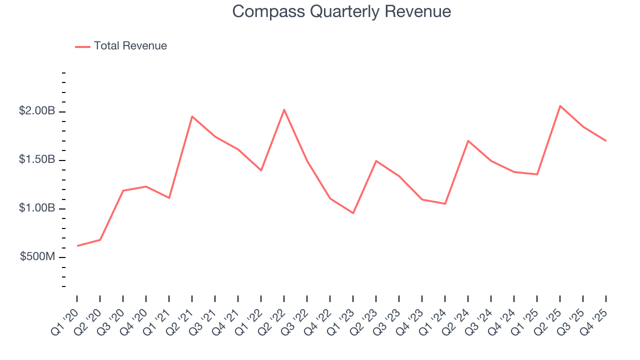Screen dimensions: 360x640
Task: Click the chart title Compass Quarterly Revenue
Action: coord(341,12)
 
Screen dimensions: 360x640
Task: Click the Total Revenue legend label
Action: coord(130,46)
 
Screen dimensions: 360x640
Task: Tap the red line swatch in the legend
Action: coord(82,46)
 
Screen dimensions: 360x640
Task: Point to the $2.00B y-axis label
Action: coord(37,111)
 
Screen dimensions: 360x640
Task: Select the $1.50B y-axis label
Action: coord(37,159)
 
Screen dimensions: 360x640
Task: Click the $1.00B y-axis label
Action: coord(37,208)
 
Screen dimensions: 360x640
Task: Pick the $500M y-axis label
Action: coord(38,256)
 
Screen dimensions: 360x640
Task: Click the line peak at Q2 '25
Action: coord(560,106)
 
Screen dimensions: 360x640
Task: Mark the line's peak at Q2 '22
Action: coord(284,109)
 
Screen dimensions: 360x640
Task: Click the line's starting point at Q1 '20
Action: coord(77,245)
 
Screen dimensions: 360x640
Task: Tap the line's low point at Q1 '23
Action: coord(353,213)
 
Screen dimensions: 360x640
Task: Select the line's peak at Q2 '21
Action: coord(192,116)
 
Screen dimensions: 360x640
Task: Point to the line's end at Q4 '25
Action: coord(606,140)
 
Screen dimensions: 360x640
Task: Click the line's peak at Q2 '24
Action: coord(468,140)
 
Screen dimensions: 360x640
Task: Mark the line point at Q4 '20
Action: coord(146,186)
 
